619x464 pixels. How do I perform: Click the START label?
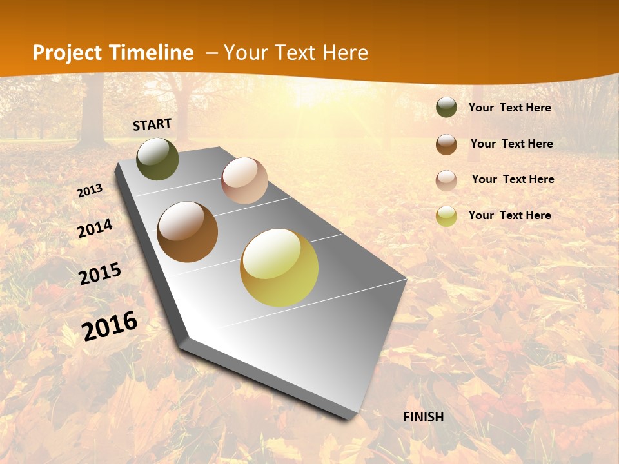click(x=152, y=124)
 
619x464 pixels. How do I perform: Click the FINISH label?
click(x=424, y=417)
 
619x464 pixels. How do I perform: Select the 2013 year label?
click(x=90, y=191)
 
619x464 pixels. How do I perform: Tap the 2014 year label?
click(x=95, y=229)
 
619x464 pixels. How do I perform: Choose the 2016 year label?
click(x=110, y=325)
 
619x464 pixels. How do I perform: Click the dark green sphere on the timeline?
click(x=157, y=159)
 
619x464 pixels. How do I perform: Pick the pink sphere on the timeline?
click(x=244, y=180)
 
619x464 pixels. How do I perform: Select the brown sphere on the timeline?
click(x=187, y=232)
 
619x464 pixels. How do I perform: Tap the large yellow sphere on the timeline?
click(x=279, y=267)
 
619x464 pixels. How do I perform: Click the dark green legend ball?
click(x=446, y=108)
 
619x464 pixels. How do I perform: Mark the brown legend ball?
click(x=446, y=144)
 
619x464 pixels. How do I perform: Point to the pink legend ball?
click(x=446, y=180)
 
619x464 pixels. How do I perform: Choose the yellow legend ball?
click(x=446, y=216)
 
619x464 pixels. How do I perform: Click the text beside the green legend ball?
click(x=509, y=108)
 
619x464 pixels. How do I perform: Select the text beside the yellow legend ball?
click(x=509, y=215)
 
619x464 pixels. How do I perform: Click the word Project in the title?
click(x=68, y=53)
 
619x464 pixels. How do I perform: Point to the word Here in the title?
click(x=345, y=53)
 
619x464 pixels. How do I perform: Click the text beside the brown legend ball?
click(x=511, y=144)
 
